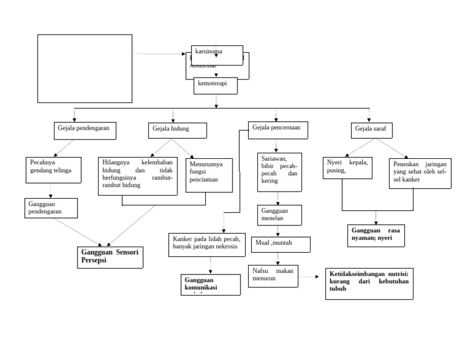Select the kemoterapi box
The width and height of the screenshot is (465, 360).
pyautogui.click(x=216, y=87)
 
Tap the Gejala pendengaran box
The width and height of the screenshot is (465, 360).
pyautogui.click(x=84, y=130)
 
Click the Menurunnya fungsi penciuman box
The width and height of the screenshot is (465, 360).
pyautogui.click(x=207, y=175)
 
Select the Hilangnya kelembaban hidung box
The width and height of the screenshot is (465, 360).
pyautogui.click(x=137, y=176)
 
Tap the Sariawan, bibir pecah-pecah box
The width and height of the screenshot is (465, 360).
pyautogui.click(x=279, y=172)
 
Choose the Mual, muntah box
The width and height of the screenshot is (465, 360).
pyautogui.click(x=280, y=244)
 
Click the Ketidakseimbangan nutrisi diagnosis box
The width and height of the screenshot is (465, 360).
pyautogui.click(x=369, y=283)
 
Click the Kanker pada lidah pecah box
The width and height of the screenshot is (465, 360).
pyautogui.click(x=210, y=243)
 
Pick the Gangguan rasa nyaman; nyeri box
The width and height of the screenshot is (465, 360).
pyautogui.click(x=378, y=235)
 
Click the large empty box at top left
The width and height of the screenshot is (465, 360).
pyautogui.click(x=85, y=68)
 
